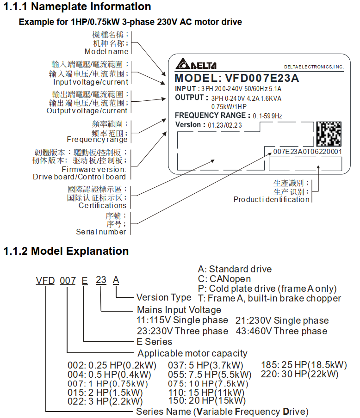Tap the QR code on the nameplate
click(329, 134)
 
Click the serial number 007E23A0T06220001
click(307, 151)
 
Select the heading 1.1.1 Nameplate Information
click(77, 7)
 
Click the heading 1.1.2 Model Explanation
click(66, 251)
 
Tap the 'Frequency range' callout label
click(97, 140)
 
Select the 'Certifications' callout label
click(102, 205)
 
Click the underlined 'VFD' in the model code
click(45, 280)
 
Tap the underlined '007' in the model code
click(68, 280)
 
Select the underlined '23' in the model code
click(101, 280)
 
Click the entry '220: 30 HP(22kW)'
click(299, 374)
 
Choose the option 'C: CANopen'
click(224, 279)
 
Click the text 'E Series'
click(155, 342)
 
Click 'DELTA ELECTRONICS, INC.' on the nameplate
click(314, 67)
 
